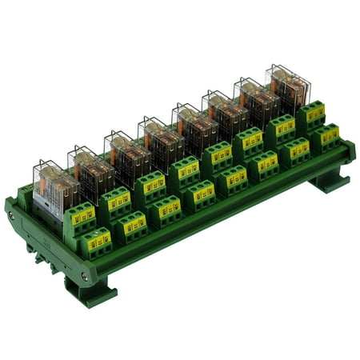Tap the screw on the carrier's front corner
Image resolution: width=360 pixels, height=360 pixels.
(85, 277)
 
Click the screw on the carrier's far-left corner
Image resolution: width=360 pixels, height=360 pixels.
(11, 216)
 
